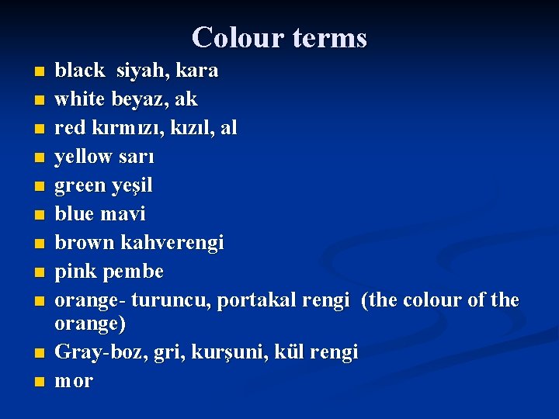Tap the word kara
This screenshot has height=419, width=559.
(x=197, y=71)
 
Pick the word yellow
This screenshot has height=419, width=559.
(x=84, y=157)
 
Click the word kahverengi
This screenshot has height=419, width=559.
(x=172, y=243)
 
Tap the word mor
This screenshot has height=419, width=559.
(x=74, y=382)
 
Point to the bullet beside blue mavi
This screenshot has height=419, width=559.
(x=40, y=214)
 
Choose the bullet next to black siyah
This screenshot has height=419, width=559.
(x=40, y=72)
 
